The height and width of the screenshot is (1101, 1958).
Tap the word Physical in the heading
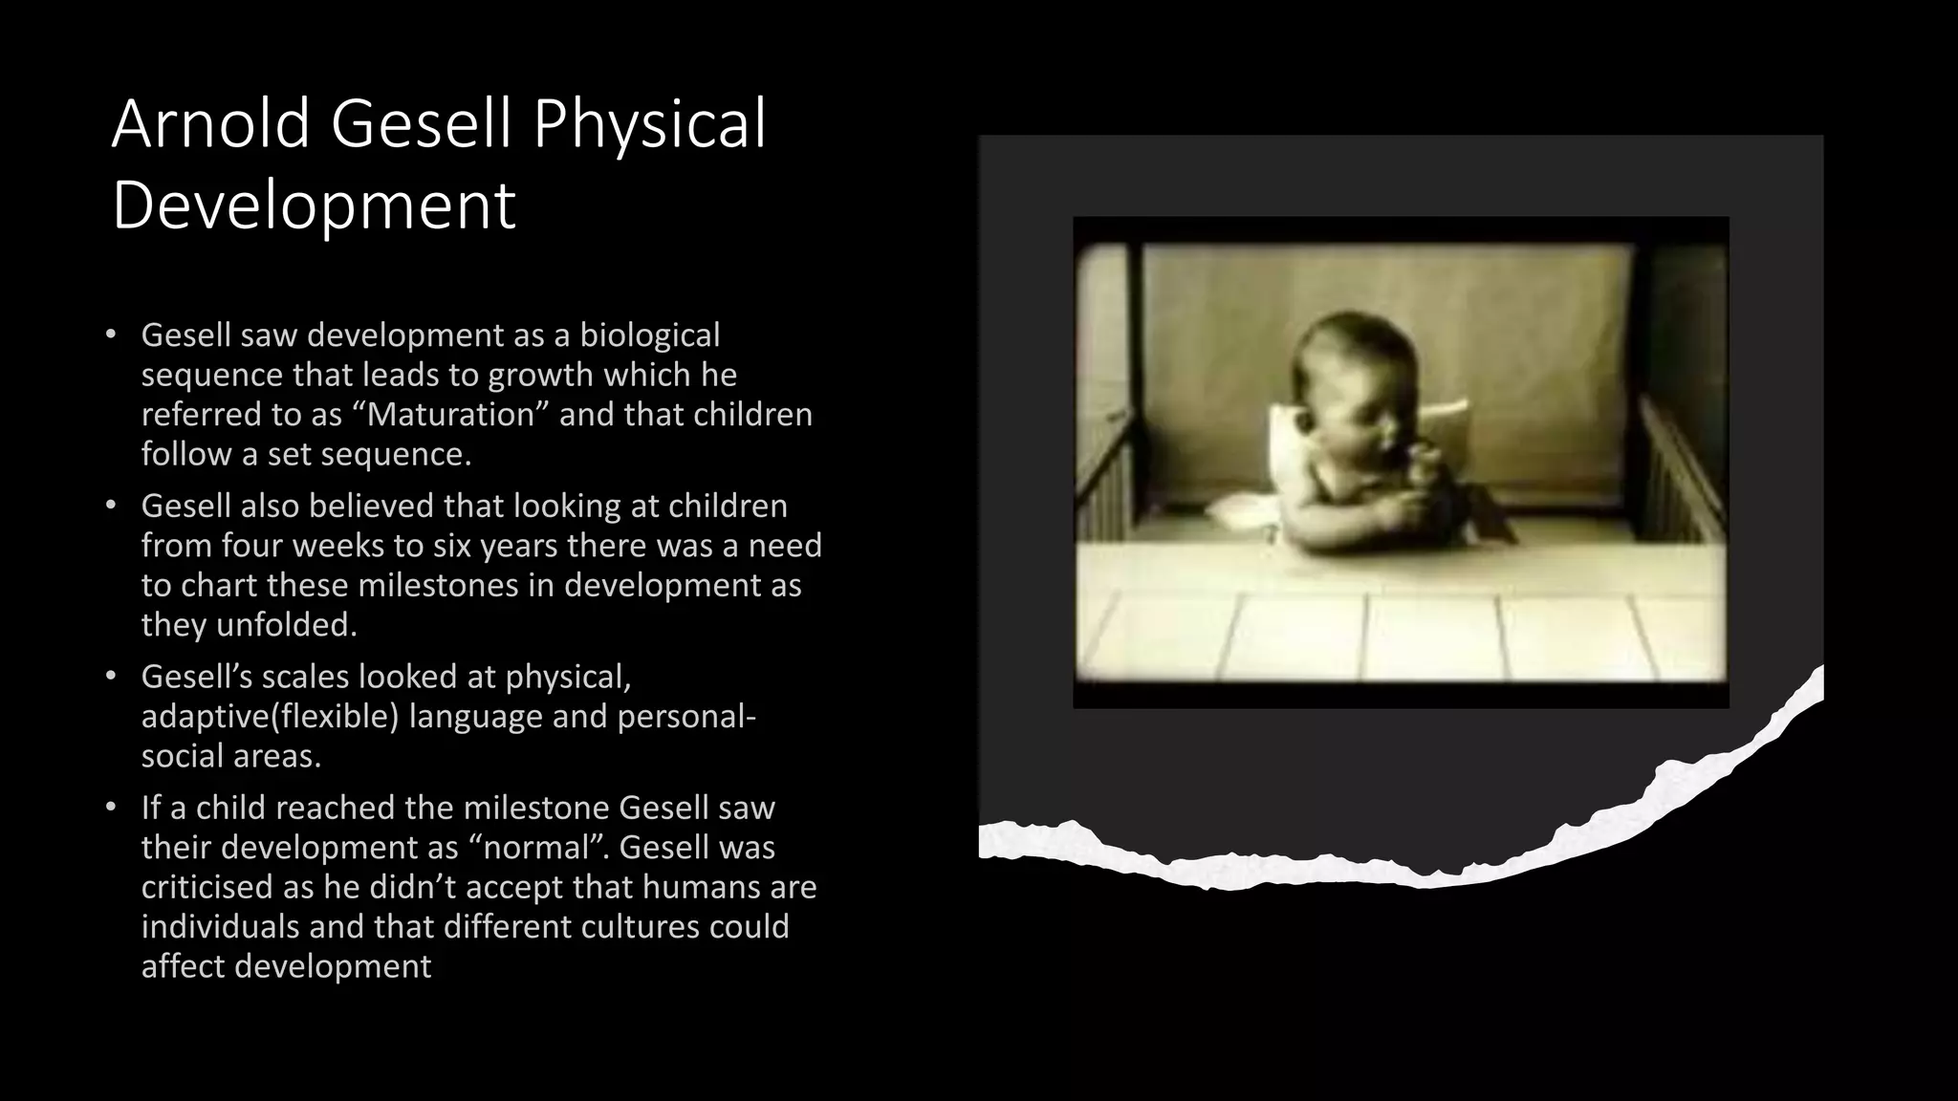tap(649, 124)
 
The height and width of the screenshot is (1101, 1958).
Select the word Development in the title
tap(314, 205)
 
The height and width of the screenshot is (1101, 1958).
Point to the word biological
tap(649, 335)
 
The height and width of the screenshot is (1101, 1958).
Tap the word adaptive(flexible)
tap(270, 717)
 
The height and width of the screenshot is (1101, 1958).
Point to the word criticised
tap(207, 888)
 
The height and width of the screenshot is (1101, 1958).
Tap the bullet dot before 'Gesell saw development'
tap(111, 335)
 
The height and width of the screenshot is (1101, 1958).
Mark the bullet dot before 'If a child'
tap(111, 808)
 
